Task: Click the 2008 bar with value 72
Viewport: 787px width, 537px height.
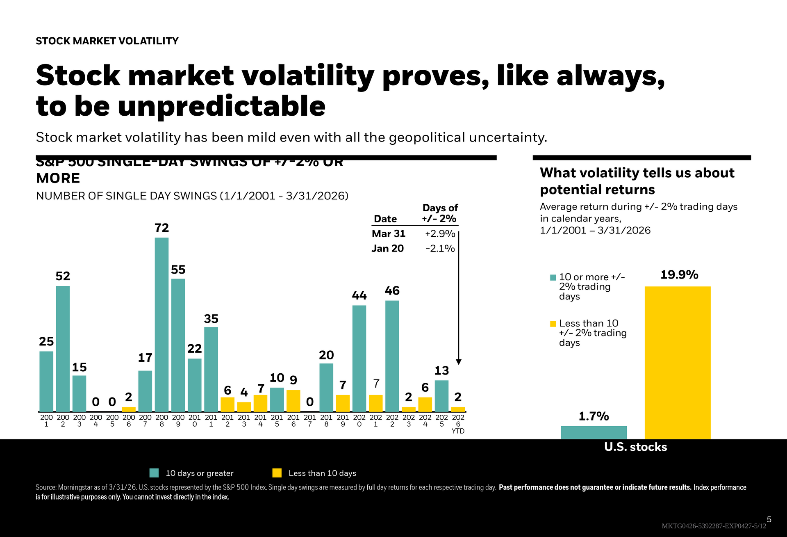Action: coord(161,324)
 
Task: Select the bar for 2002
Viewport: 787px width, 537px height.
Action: coord(63,349)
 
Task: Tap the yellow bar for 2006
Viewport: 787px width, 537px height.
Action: coord(129,409)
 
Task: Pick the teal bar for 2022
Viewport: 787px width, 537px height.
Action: coord(392,356)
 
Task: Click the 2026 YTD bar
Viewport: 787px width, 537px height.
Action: coord(458,409)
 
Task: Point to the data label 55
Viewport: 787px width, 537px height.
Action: coord(178,270)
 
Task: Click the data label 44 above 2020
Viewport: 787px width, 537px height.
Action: coord(359,295)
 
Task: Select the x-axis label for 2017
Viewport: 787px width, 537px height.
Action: coord(310,420)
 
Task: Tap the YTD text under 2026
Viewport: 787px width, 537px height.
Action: coord(458,431)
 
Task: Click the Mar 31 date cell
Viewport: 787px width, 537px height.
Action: coord(388,233)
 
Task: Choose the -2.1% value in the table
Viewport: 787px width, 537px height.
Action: coord(440,248)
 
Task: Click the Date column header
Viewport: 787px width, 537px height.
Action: coord(385,219)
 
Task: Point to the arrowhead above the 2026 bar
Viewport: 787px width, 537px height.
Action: coord(459,362)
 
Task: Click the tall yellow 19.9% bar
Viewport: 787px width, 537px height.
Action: coord(678,363)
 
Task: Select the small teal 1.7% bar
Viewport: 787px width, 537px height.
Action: coord(594,432)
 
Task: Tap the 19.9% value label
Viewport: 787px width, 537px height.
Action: coord(679,274)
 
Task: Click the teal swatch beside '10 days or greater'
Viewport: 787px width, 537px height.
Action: coord(154,473)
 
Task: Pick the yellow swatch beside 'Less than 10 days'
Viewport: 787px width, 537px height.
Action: coord(277,473)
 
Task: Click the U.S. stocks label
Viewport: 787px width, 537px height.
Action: coord(635,447)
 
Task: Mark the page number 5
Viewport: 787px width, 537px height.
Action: coord(769,519)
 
